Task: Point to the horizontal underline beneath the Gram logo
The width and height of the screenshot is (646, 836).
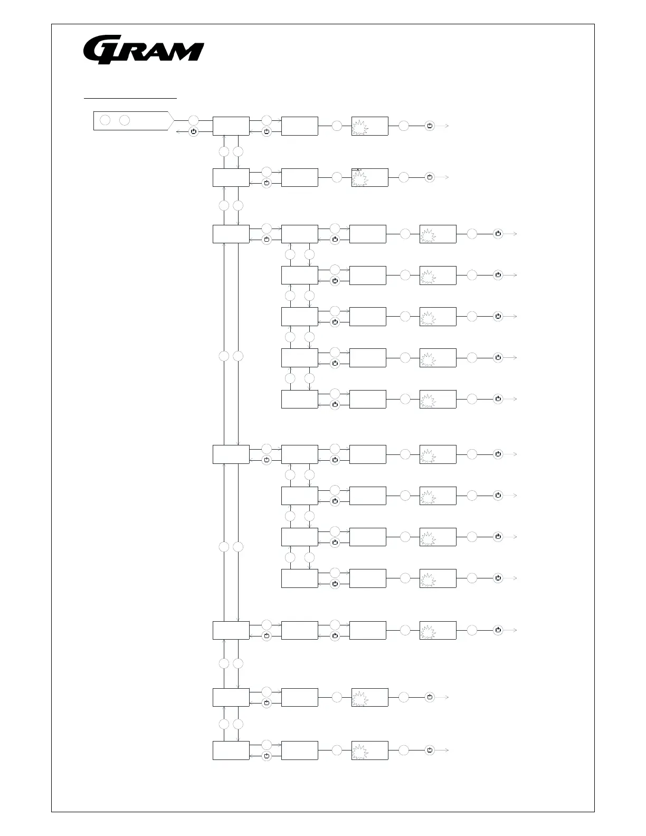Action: pos(130,98)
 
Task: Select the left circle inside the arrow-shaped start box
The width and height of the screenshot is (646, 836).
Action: pos(105,120)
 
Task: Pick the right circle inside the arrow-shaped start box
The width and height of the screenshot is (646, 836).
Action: pos(125,120)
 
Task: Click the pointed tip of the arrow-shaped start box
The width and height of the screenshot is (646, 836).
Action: pos(174,121)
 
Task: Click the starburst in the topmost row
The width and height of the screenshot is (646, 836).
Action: pos(360,127)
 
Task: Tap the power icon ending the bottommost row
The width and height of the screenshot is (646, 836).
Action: pos(430,750)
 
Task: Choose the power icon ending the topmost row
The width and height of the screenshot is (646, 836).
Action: pos(430,126)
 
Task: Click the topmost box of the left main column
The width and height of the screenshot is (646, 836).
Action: pos(231,126)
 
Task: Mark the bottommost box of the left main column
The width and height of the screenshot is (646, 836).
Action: pos(231,750)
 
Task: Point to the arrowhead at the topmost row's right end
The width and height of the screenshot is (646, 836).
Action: pos(447,126)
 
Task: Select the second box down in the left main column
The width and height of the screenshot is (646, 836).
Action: pos(231,177)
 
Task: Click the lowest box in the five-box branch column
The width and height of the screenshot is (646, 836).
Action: pos(299,399)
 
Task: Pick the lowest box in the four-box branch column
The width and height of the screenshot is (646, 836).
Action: pos(299,578)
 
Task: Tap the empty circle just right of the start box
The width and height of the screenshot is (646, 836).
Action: pos(194,120)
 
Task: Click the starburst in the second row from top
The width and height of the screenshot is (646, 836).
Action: pos(360,178)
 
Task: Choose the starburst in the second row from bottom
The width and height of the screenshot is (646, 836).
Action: pos(360,698)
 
